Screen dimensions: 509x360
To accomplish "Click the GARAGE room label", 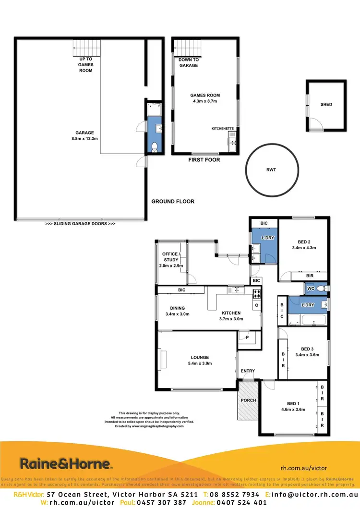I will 84,133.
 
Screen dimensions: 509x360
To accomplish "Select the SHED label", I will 326,104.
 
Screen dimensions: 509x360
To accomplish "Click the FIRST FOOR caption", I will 204,159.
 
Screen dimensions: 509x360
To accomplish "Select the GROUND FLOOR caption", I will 173,202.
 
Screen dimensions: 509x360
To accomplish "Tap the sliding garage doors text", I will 80,224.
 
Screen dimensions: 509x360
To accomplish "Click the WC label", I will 311,289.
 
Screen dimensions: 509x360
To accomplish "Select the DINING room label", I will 173,308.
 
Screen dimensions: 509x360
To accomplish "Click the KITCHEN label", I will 231,313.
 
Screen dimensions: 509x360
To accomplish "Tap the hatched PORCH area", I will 249,400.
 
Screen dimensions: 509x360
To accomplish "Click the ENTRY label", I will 248,371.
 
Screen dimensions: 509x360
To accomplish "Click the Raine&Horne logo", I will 66,464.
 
